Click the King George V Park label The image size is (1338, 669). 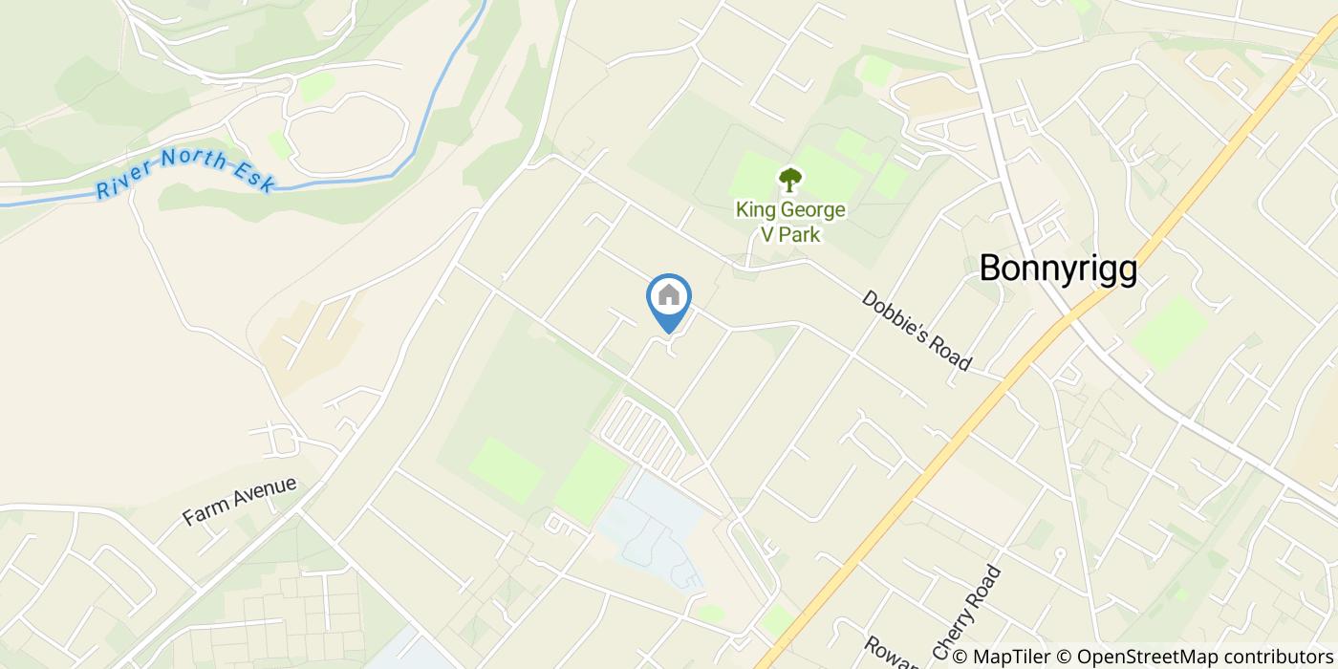[x=790, y=221]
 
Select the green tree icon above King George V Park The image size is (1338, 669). [x=790, y=179]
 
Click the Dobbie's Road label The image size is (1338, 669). [x=917, y=330]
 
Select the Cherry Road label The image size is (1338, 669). [x=967, y=613]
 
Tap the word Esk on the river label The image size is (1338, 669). [x=255, y=178]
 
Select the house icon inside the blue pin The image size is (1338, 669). [x=669, y=295]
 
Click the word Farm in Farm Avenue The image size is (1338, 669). [x=202, y=514]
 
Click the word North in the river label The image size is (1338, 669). [x=190, y=161]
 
